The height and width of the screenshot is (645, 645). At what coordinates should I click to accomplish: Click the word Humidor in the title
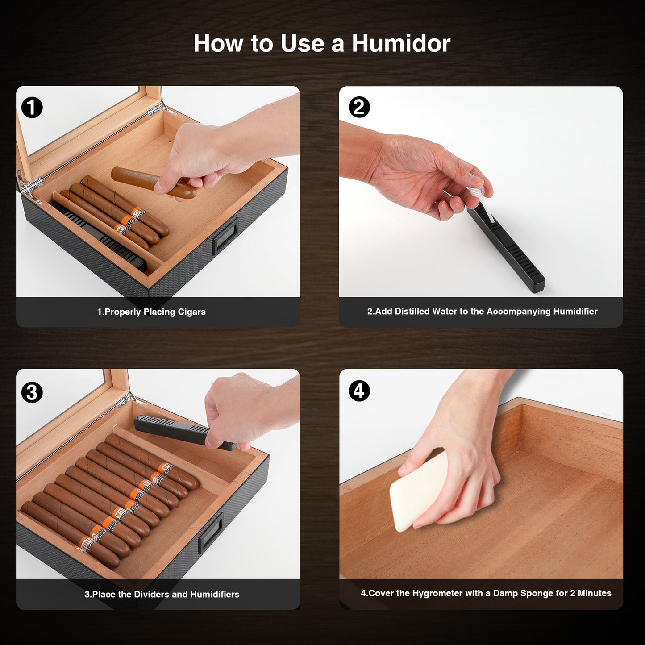coord(401,43)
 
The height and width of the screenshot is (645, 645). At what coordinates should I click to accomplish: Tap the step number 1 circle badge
coord(32,108)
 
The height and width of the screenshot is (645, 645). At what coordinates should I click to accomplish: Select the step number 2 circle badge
coord(359,108)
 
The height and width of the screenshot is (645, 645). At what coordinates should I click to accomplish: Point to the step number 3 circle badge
coord(32,392)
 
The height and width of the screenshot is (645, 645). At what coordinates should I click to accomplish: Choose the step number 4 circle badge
coord(359,391)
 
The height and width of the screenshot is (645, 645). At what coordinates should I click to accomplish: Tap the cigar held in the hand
coord(153,183)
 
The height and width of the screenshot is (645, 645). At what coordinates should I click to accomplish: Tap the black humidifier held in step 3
coord(186,432)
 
